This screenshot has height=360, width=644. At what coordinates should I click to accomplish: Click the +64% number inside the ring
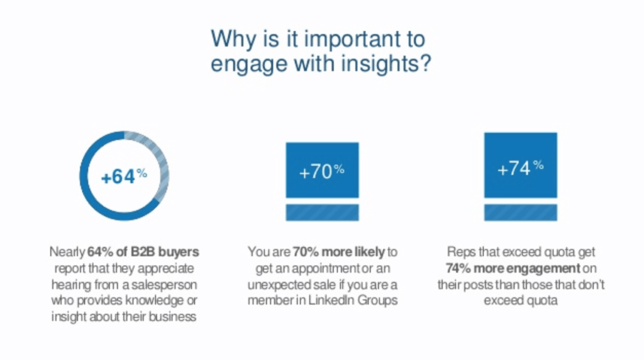[x=124, y=176]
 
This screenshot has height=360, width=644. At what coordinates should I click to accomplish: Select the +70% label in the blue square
[x=322, y=171]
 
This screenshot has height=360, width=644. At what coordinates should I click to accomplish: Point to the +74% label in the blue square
[x=520, y=168]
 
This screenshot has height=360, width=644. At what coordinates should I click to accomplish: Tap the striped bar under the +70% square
[x=323, y=213]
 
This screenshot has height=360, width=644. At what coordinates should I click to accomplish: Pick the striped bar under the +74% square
[x=520, y=213]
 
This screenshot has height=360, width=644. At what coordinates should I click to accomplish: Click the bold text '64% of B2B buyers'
[x=143, y=252]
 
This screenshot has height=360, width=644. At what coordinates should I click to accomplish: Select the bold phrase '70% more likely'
[x=339, y=252]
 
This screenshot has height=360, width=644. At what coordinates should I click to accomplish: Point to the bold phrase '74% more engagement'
[x=513, y=268]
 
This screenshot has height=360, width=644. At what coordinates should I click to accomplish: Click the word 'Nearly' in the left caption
[x=67, y=252]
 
